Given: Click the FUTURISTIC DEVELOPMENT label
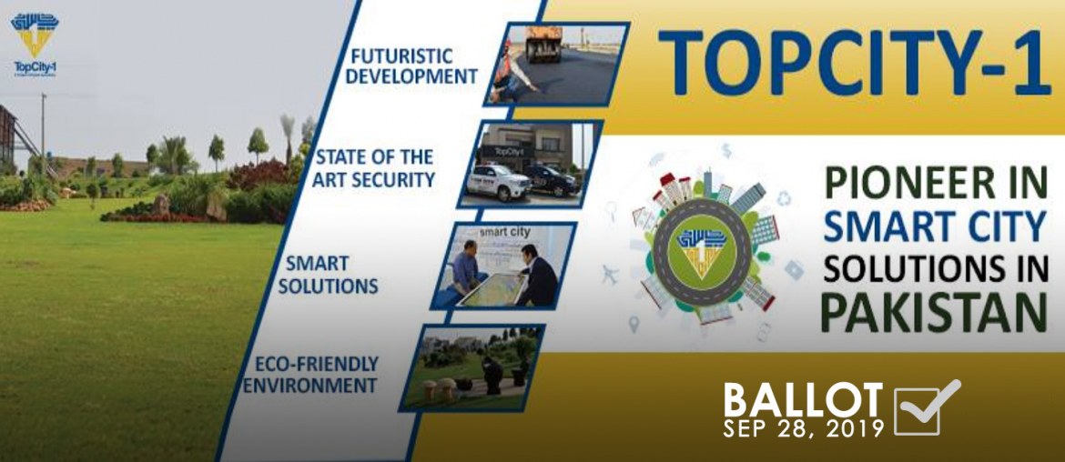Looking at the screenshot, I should point(412,65).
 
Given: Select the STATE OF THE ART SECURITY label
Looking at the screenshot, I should point(374,168).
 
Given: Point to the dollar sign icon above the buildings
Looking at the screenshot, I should point(725,149).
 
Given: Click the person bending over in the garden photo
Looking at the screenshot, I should point(491,372).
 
